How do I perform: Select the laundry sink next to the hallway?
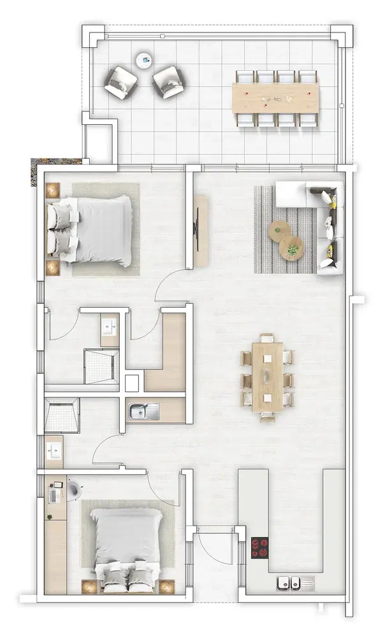pyautogui.click(x=140, y=411)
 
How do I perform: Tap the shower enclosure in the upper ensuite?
pyautogui.click(x=101, y=366)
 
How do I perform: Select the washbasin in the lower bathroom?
pyautogui.click(x=55, y=452)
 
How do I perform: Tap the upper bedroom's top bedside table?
pyautogui.click(x=52, y=190)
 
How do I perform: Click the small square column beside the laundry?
pyautogui.click(x=132, y=383)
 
